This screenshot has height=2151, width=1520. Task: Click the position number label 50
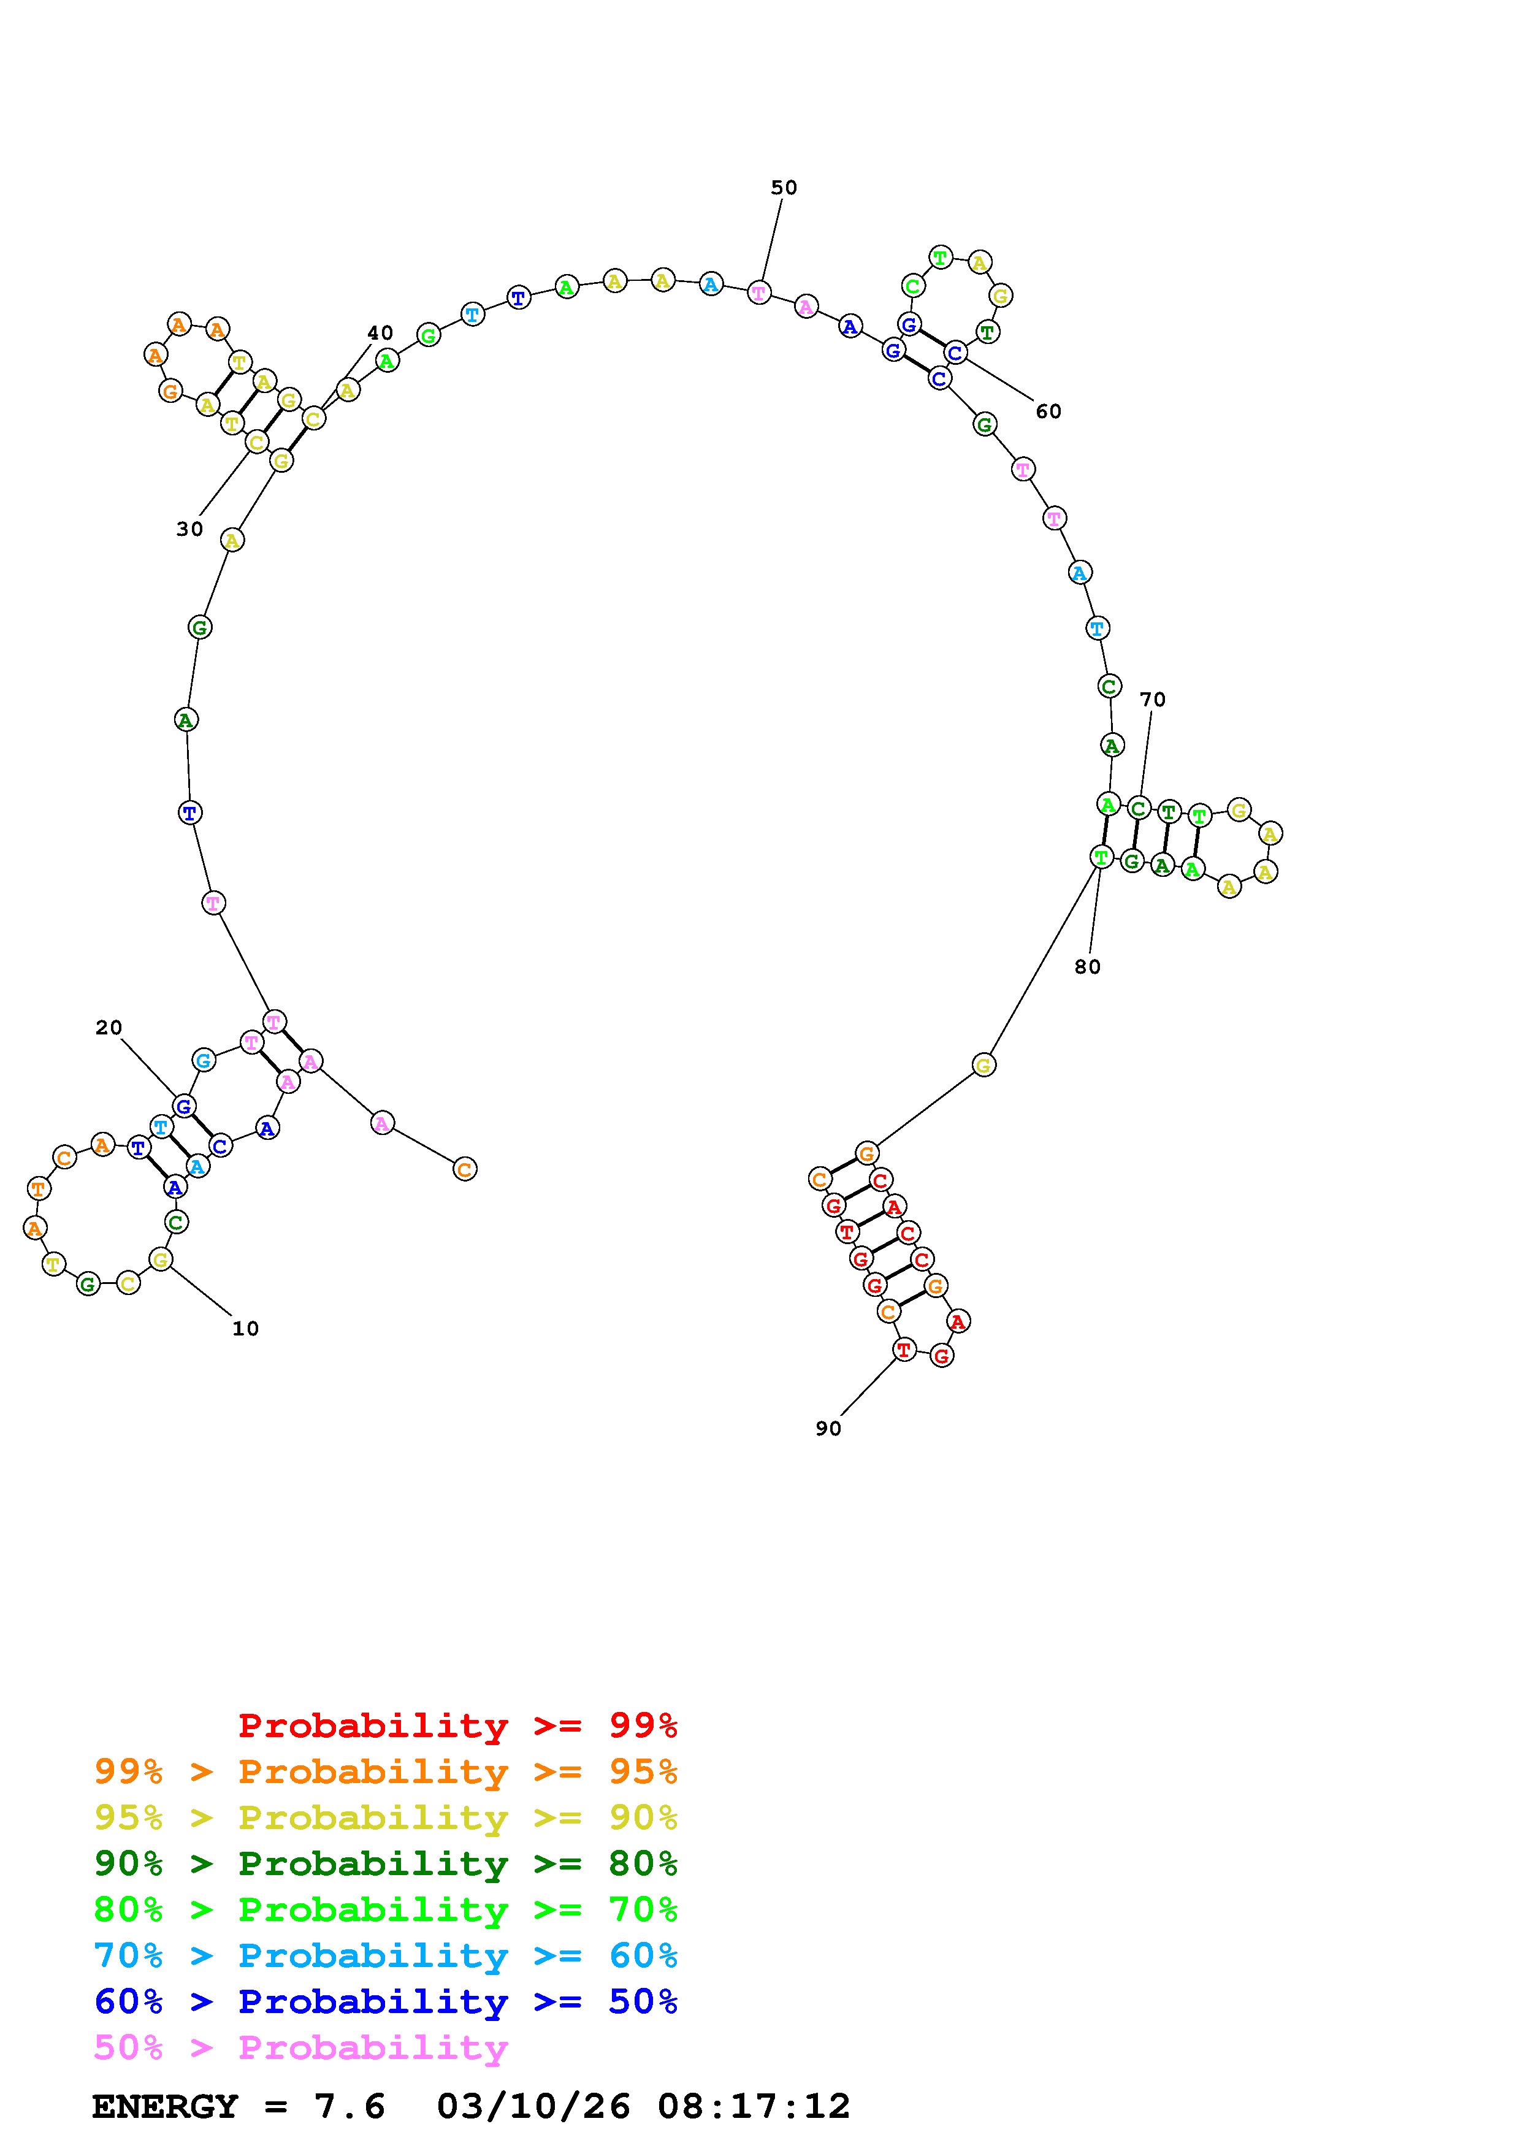tap(784, 188)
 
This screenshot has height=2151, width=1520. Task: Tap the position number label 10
tap(245, 1329)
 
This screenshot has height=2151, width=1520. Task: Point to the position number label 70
tap(1152, 699)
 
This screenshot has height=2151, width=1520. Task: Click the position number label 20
tap(109, 1028)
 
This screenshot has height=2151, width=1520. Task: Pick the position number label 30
tap(189, 529)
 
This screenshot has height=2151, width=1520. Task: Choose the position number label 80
tap(1087, 967)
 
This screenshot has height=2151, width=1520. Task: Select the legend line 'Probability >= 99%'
tap(458, 1725)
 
